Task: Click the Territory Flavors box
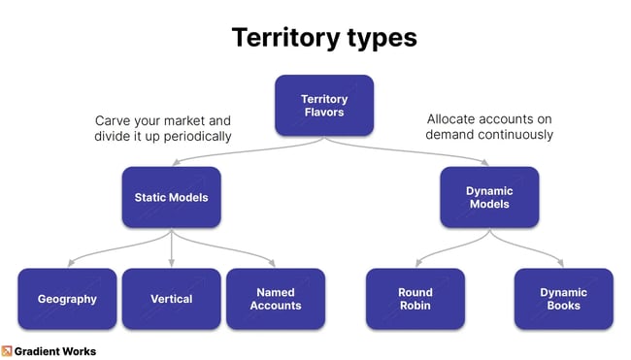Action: (323, 105)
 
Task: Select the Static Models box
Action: (171, 197)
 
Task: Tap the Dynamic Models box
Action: (489, 197)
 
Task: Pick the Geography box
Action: (67, 299)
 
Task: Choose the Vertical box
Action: (171, 299)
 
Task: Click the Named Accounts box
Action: (276, 299)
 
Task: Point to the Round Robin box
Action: (415, 299)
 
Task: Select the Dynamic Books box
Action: (563, 299)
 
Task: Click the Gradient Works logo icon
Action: (7, 351)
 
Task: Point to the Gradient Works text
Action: (55, 351)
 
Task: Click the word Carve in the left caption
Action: (113, 120)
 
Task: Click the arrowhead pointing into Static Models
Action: (172, 164)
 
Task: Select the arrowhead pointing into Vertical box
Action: (172, 263)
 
